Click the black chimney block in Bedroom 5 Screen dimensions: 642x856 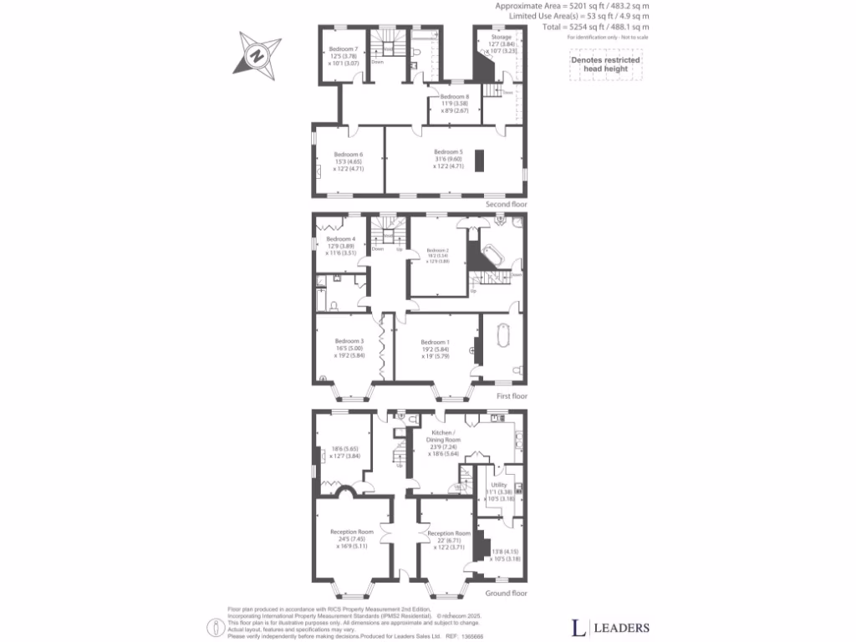pyautogui.click(x=479, y=160)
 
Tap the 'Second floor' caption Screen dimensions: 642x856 pyautogui.click(x=506, y=204)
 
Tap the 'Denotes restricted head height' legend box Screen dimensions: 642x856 pyautogui.click(x=605, y=64)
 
